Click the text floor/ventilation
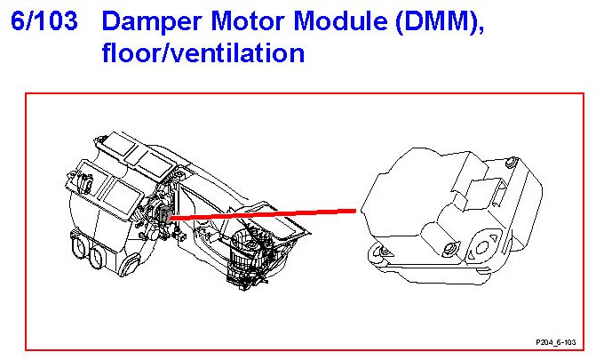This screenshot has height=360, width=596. tap(203, 53)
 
